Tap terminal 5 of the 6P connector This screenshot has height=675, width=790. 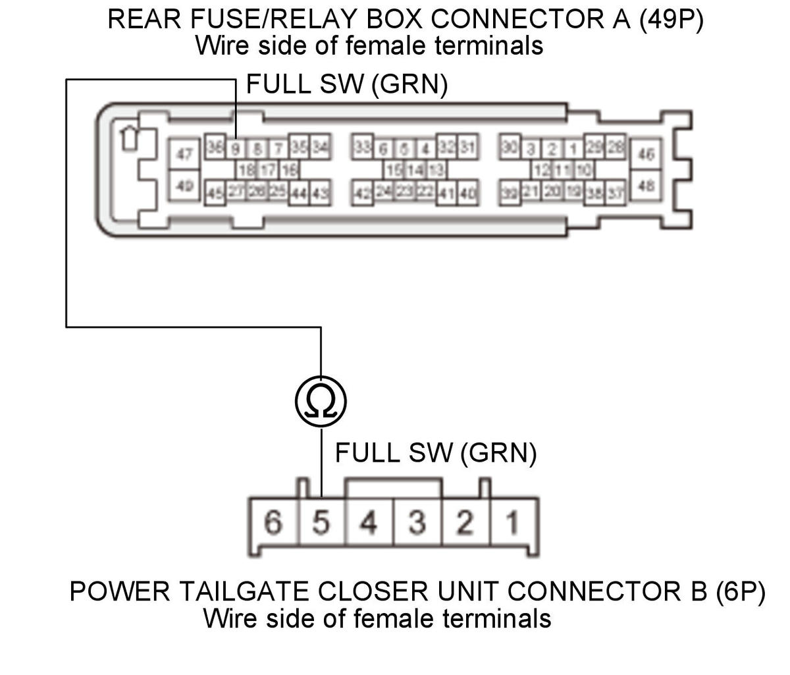(321, 524)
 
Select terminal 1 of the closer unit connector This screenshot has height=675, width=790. (512, 524)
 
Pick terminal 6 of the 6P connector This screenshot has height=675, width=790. (273, 524)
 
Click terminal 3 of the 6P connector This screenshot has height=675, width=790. (417, 524)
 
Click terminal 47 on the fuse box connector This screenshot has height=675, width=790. (185, 155)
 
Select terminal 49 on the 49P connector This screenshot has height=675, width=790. (185, 186)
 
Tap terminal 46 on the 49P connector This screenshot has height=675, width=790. (646, 155)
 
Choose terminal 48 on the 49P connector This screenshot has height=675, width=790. (646, 186)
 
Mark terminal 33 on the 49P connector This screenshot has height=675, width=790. (361, 146)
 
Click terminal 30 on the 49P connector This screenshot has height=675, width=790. (510, 146)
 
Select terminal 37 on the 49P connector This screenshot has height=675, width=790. (616, 194)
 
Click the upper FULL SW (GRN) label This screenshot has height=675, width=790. (346, 85)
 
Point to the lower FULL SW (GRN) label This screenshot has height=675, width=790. (435, 452)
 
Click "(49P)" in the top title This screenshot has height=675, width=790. (671, 19)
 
